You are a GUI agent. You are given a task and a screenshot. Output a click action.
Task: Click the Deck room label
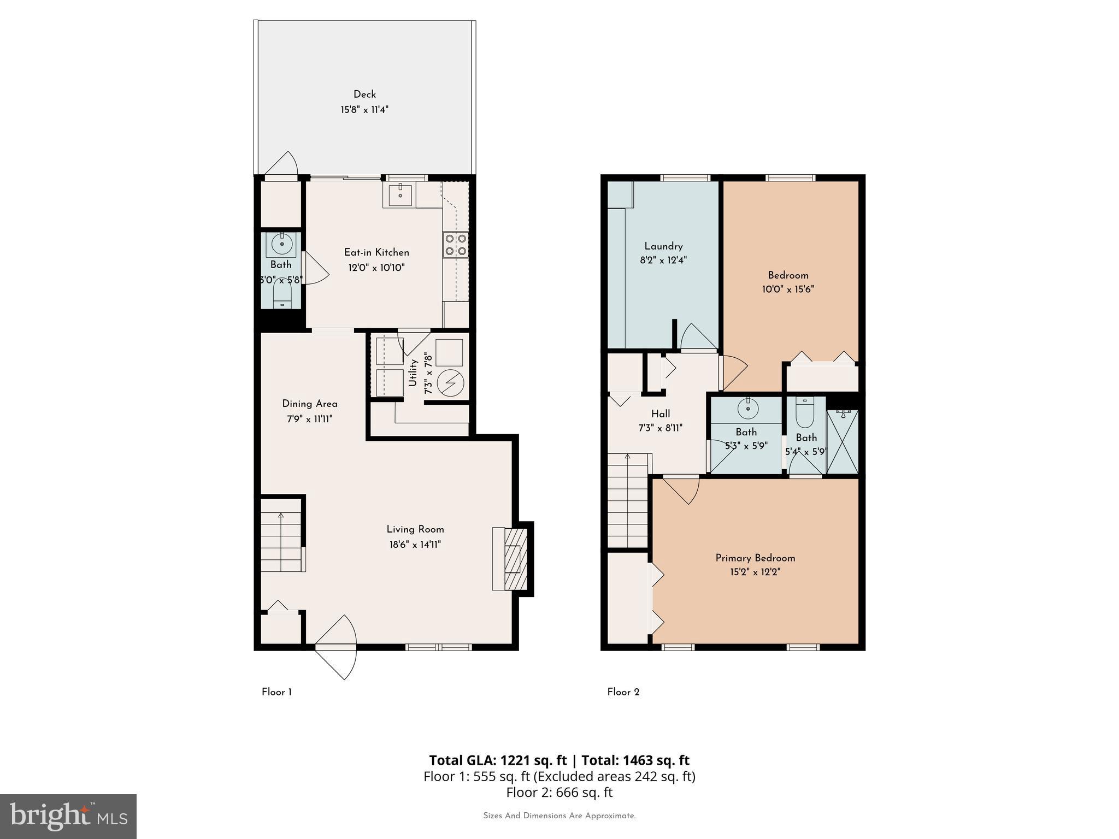pos(364,94)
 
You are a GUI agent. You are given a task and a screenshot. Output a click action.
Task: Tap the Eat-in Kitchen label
pos(376,252)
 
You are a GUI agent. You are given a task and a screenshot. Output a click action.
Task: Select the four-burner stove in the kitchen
pos(455,245)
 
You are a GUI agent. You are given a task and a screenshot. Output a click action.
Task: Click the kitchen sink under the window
pos(400,195)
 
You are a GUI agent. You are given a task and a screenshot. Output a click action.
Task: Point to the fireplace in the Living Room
pos(512,558)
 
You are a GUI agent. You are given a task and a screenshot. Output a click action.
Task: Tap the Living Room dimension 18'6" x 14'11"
pos(415,545)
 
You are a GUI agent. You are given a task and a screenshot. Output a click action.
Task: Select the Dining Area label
pos(310,404)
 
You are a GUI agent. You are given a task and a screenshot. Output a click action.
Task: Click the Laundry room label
pos(663,246)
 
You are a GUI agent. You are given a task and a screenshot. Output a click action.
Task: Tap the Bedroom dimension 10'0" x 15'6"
pos(788,289)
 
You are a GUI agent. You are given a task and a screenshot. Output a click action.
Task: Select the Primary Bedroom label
pos(755,558)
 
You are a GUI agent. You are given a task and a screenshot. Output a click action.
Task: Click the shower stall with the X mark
pos(842,442)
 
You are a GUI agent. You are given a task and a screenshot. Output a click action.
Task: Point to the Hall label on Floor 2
pos(661,414)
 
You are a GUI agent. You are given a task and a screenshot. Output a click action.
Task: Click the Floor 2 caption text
pos(623,692)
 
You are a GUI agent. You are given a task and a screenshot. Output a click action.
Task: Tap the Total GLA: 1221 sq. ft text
pos(497,760)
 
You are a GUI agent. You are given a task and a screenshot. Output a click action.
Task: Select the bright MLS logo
pos(68,816)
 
